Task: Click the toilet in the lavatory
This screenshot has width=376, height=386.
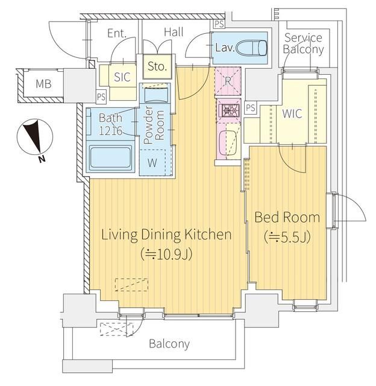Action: [x=251, y=48]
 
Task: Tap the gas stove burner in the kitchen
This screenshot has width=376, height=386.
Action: [x=228, y=110]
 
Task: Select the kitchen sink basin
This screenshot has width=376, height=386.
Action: [x=228, y=143]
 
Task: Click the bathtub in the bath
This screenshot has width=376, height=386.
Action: [x=110, y=157]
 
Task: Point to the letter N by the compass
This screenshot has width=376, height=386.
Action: [x=42, y=159]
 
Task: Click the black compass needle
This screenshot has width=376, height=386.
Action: [x=33, y=135]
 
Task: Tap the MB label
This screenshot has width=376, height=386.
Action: [x=43, y=84]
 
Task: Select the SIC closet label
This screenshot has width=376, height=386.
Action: [x=122, y=77]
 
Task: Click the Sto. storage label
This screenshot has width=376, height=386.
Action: [x=157, y=66]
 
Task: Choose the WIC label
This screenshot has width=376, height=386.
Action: [x=292, y=113]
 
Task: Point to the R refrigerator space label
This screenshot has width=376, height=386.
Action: [x=228, y=81]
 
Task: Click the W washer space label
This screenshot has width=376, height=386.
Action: [x=152, y=163]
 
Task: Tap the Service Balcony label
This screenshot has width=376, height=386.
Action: [x=303, y=43]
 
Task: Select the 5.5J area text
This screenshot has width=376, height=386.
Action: [x=287, y=236]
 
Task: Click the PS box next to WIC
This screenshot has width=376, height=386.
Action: [x=250, y=107]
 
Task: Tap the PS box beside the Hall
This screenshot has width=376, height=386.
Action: [x=219, y=24]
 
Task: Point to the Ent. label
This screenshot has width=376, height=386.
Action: [x=117, y=34]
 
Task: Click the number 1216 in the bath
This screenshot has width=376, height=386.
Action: [x=111, y=131]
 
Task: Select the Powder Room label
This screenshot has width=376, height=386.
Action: [x=154, y=125]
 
